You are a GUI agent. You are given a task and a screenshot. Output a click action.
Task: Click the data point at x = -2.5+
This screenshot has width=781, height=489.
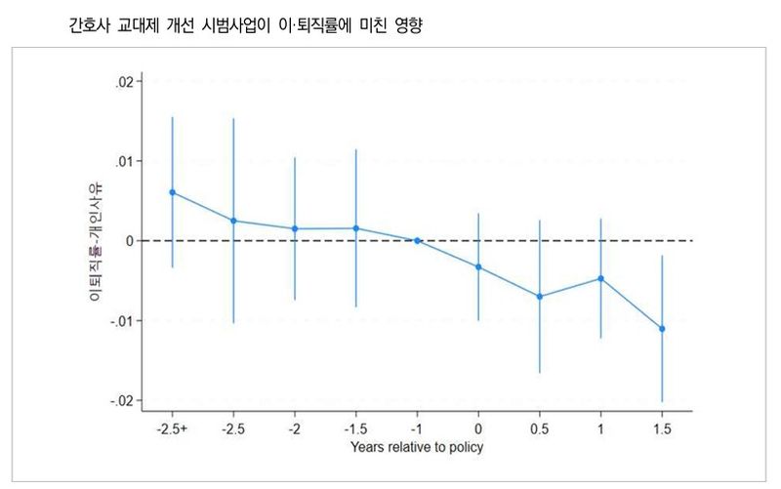pos(173,192)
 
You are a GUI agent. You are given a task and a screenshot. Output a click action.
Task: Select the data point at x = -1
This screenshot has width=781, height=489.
pos(417,240)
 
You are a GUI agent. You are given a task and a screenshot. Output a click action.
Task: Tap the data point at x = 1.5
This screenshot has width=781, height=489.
pos(662,329)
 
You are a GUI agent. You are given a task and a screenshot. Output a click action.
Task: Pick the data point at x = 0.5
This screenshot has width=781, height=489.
pos(540,297)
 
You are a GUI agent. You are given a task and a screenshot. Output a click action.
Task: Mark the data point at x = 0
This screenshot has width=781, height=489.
pos(478,266)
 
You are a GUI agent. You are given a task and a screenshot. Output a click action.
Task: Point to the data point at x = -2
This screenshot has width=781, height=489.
pos(295,228)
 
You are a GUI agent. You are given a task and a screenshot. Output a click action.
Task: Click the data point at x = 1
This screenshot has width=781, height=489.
pos(600,278)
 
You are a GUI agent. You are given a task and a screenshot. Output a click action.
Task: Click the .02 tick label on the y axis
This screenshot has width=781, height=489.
pos(124,82)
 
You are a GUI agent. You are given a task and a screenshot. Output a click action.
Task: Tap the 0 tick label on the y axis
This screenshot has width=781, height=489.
pos(129,241)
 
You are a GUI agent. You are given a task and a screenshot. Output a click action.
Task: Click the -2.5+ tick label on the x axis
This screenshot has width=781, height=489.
pos(173,428)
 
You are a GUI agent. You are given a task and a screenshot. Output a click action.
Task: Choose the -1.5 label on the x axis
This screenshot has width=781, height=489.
pos(355,428)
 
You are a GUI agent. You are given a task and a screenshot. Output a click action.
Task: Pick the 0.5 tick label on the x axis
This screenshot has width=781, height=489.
pos(540,428)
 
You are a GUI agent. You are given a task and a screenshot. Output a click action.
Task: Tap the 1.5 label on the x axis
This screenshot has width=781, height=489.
pos(662,428)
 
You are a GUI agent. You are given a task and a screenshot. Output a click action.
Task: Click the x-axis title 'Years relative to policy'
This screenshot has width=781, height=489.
pos(417,448)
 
